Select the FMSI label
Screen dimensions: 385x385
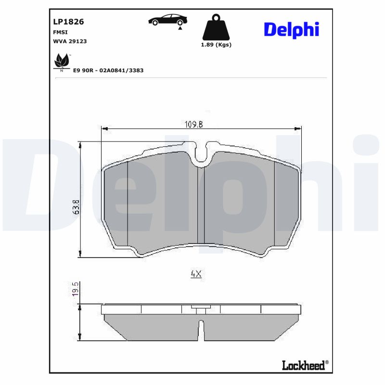(60, 32)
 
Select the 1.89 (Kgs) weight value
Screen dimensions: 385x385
(216, 45)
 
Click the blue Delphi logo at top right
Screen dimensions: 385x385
(291, 30)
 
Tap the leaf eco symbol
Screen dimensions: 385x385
(61, 61)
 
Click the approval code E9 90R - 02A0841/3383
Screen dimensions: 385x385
(108, 70)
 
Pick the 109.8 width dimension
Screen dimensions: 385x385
(194, 124)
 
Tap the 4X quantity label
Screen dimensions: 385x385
(195, 274)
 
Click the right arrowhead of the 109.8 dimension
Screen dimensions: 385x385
(298, 128)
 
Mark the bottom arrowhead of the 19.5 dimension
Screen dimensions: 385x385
(81, 338)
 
